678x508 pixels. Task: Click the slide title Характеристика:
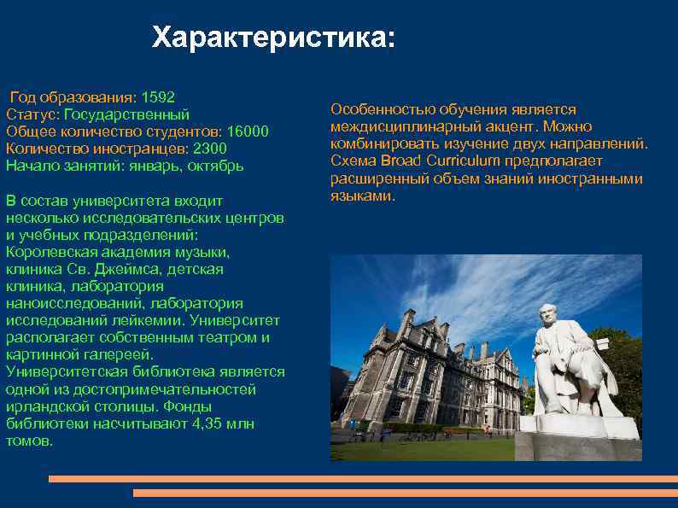pos(274,38)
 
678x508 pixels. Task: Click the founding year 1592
pos(158,96)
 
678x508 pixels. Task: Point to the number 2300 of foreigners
pos(210,149)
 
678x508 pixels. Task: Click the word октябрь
pos(217,166)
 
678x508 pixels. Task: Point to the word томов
pos(28,441)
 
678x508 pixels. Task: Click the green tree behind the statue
pos(619,359)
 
